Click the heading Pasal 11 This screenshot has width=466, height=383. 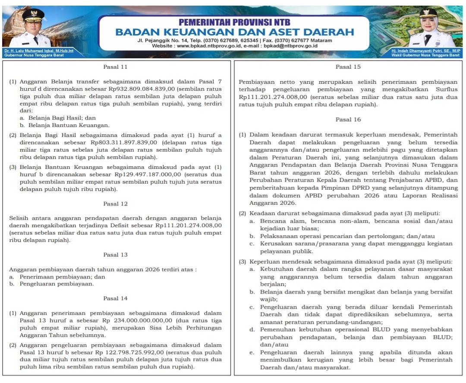tap(115, 67)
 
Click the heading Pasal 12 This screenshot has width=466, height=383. tap(115, 204)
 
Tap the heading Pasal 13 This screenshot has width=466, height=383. tap(115, 255)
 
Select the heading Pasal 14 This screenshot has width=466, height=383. tap(115, 298)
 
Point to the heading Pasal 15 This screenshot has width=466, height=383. tap(348, 67)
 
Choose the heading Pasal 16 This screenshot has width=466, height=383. tap(348, 120)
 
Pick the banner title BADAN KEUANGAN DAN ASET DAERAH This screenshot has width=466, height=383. tap(234, 32)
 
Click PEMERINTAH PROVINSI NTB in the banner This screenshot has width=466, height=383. tap(234, 22)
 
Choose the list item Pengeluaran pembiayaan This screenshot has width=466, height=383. tap(57, 284)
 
